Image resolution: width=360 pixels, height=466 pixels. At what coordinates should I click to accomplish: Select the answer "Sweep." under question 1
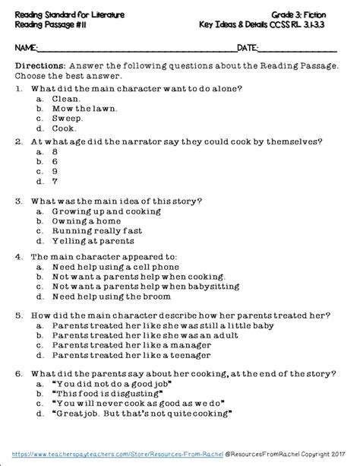[x=66, y=119]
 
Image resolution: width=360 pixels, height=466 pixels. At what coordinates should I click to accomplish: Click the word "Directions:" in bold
[x=39, y=67]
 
